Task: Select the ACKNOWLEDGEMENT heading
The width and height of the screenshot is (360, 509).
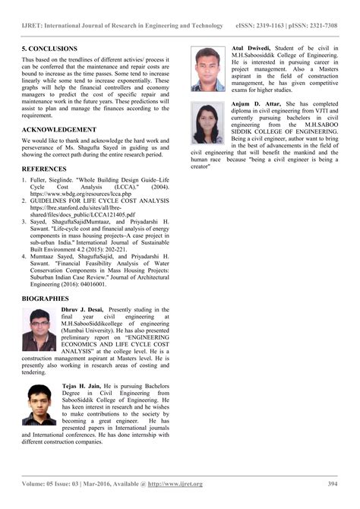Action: (x=59, y=130)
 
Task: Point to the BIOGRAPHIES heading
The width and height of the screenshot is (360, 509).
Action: (x=48, y=299)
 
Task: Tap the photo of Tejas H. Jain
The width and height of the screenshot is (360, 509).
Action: (x=40, y=405)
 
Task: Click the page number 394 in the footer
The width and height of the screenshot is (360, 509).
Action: (x=332, y=484)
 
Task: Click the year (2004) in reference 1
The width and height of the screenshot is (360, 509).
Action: (x=169, y=185)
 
